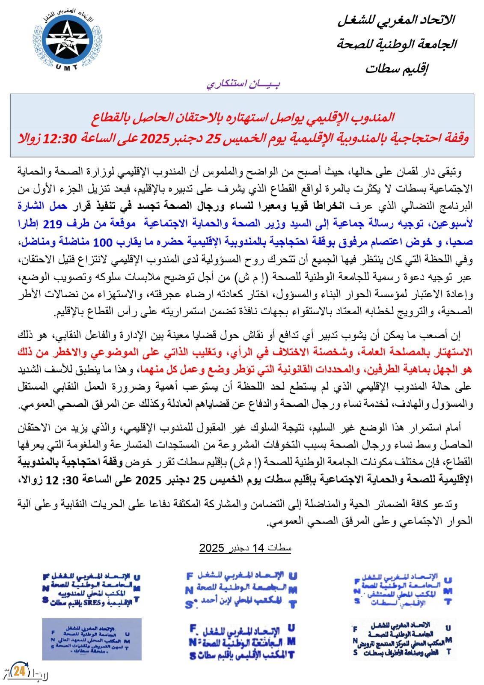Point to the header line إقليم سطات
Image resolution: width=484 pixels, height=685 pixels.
(396, 68)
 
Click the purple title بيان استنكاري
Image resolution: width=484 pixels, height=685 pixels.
(243, 84)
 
